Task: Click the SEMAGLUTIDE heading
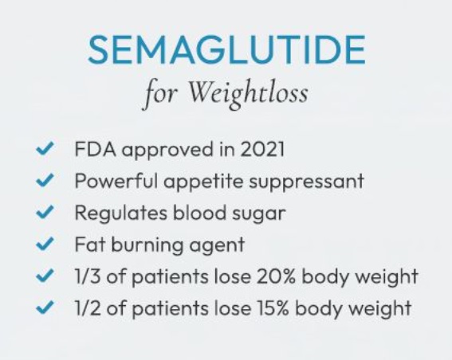(x=226, y=49)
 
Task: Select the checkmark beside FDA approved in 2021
(x=45, y=149)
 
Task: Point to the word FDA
(x=96, y=149)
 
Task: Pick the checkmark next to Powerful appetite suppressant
(x=45, y=180)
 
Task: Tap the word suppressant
(x=306, y=182)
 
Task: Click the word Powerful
(x=116, y=181)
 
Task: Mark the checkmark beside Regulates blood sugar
(x=45, y=212)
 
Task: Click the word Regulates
(x=121, y=213)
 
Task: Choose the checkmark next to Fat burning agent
(x=45, y=244)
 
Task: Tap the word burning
(x=147, y=245)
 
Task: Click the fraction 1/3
(x=88, y=276)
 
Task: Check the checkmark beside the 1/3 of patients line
(x=45, y=276)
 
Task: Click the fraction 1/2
(x=88, y=307)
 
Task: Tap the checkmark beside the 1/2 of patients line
(x=45, y=307)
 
